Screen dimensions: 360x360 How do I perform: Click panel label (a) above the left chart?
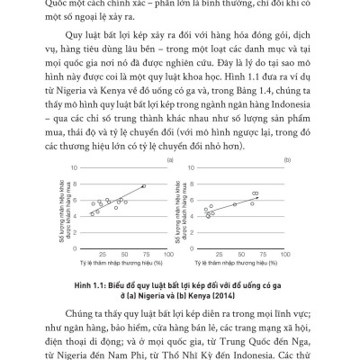click(x=168, y=160)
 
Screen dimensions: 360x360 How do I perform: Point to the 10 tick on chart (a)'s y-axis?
click(x=81, y=168)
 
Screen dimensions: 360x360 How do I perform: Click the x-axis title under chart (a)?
click(x=125, y=263)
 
